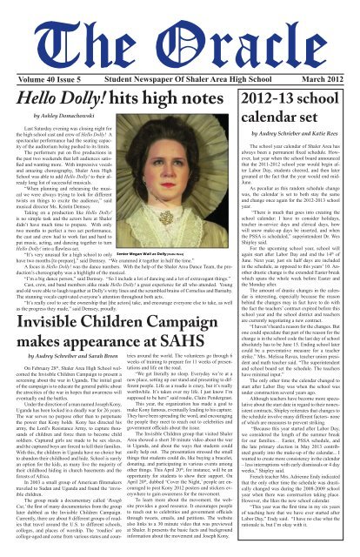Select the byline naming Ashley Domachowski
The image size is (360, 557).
click(x=65, y=91)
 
